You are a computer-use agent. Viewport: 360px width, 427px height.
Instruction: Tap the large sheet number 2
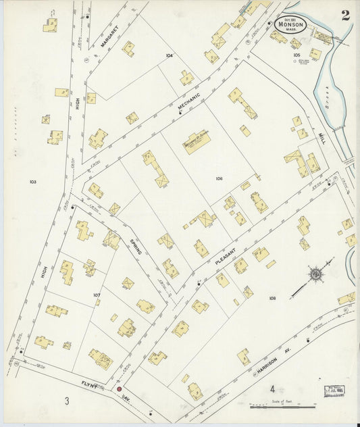point(345,16)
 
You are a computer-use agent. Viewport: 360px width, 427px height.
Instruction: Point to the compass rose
point(315,275)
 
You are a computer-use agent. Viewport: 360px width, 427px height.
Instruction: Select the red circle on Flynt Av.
point(120,389)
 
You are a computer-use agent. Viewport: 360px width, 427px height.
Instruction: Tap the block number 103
point(33,181)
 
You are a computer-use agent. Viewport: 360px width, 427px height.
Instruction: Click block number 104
point(169,55)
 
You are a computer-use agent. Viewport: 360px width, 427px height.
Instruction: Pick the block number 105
point(296,55)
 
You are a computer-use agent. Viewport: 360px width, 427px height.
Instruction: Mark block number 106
point(218,178)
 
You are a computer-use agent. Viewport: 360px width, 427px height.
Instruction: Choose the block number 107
point(97,295)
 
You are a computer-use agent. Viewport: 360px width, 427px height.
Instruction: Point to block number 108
point(272,297)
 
